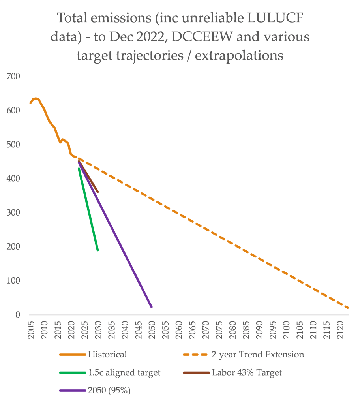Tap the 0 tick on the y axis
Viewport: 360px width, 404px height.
(x=18, y=315)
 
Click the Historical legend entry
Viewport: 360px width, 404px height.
(x=107, y=354)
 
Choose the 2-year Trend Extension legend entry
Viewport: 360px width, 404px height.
(x=258, y=354)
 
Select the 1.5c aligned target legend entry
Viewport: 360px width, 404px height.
(x=124, y=372)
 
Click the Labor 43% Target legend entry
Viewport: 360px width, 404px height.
(x=247, y=372)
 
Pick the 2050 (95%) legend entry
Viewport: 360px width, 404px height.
(x=109, y=391)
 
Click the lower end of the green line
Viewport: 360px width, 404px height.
(x=97, y=250)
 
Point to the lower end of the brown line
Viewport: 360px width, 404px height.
(x=97, y=192)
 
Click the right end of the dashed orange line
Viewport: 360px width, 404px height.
(x=349, y=308)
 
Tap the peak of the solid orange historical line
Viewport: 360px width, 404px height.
(x=36, y=98)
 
